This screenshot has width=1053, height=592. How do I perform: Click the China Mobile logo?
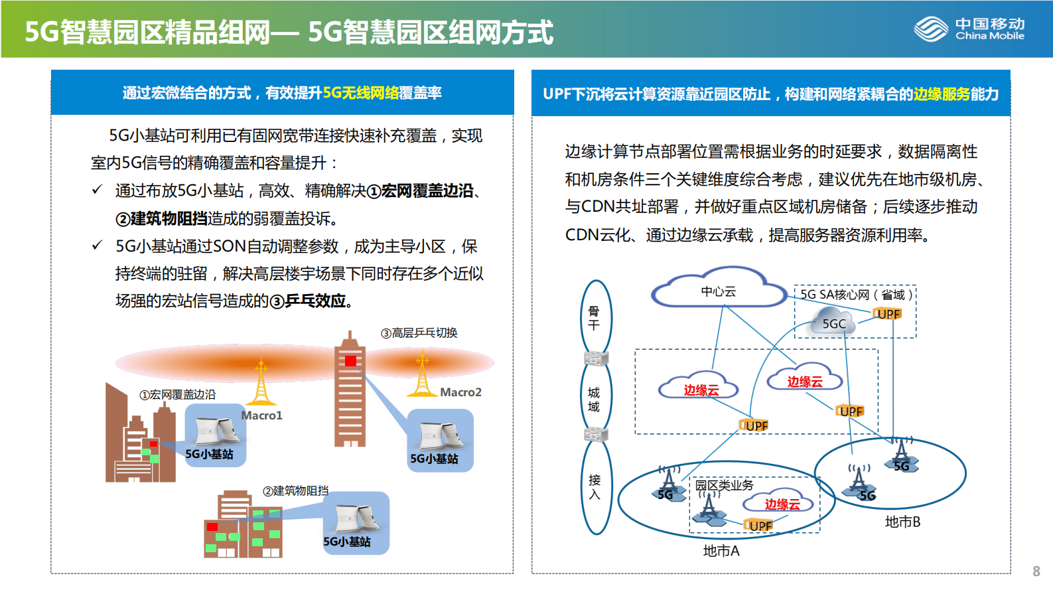coord(969,29)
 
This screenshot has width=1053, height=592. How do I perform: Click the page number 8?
coord(1036,571)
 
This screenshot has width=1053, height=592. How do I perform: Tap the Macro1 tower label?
coord(261,415)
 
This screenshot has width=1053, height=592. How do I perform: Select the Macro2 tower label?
coord(460,392)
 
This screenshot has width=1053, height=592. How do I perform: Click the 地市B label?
coord(902,522)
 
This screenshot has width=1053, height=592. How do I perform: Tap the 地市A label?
coord(721,551)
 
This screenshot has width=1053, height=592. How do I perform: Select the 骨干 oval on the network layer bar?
coord(595,318)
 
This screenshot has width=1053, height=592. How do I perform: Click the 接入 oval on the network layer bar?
coord(595,486)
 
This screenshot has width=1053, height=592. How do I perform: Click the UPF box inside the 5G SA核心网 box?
coord(888,314)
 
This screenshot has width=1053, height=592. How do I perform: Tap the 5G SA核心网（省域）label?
coord(856,294)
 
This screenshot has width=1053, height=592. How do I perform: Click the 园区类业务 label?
coord(724,485)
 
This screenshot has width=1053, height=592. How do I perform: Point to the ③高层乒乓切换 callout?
coord(419,333)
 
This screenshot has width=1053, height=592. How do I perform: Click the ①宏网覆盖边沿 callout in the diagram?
coord(177,394)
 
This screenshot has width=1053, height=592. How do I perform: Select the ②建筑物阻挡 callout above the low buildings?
coord(295,490)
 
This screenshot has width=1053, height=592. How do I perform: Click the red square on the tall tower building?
coord(350,361)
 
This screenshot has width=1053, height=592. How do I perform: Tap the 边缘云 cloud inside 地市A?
coord(782,504)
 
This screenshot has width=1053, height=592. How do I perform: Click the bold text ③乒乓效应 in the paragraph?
coord(309,301)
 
